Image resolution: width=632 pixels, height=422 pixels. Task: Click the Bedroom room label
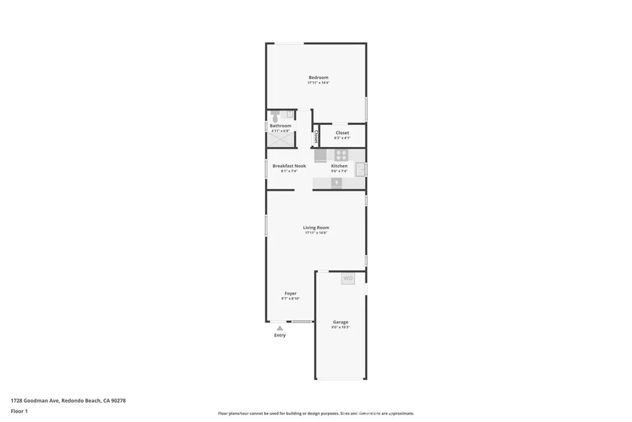coord(318,77)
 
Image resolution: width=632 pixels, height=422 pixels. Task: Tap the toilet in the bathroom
coord(275,116)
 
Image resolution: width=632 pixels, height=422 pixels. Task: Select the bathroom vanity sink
coord(289,114)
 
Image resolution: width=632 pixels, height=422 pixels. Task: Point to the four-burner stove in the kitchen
coord(342,156)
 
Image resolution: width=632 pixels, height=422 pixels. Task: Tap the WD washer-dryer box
coord(348,279)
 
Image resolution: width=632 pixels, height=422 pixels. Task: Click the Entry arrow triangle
coord(280,328)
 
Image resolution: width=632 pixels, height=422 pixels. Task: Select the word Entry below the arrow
coord(280,335)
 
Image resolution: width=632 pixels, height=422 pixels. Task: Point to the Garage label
coord(341,322)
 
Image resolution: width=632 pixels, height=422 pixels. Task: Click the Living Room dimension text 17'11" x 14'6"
coord(315,233)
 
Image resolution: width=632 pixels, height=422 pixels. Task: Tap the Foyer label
coord(290,293)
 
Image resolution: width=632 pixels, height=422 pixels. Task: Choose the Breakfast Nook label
coord(289,166)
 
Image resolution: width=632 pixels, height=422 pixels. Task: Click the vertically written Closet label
coord(316,136)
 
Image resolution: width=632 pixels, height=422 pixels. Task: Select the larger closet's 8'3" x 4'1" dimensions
coord(342,138)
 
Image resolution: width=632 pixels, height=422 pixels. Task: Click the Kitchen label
coord(339,166)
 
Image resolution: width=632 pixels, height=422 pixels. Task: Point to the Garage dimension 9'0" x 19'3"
coord(341,327)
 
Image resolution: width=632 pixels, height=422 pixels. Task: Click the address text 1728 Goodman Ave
coord(35,400)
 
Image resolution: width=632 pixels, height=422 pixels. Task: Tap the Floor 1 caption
coord(18,410)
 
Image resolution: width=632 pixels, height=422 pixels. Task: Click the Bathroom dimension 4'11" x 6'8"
coord(280,131)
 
